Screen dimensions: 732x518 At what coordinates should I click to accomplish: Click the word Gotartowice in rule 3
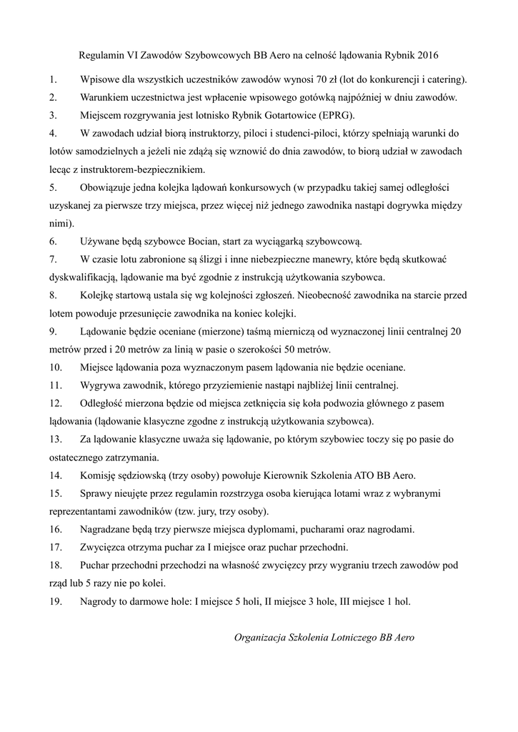point(284,115)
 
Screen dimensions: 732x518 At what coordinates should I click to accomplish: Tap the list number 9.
point(53,332)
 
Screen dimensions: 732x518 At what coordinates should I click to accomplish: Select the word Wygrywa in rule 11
point(101,386)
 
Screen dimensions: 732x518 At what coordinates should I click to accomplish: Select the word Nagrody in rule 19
point(101,601)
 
